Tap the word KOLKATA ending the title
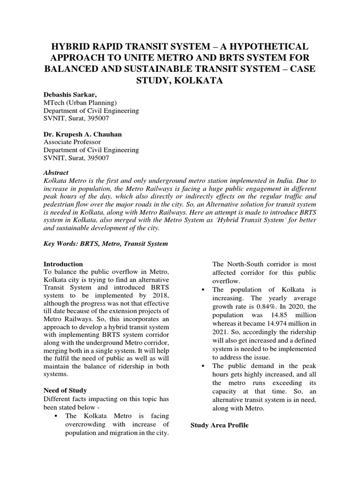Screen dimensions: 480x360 (199, 81)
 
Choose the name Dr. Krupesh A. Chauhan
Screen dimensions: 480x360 (82, 135)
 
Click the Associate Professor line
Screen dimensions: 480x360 (72, 142)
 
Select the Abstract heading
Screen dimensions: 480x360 (55, 173)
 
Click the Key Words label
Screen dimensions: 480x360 (60, 244)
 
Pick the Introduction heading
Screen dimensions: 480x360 (63, 264)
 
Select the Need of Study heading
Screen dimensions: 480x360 (65, 390)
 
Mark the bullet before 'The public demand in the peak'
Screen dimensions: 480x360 (203, 366)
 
